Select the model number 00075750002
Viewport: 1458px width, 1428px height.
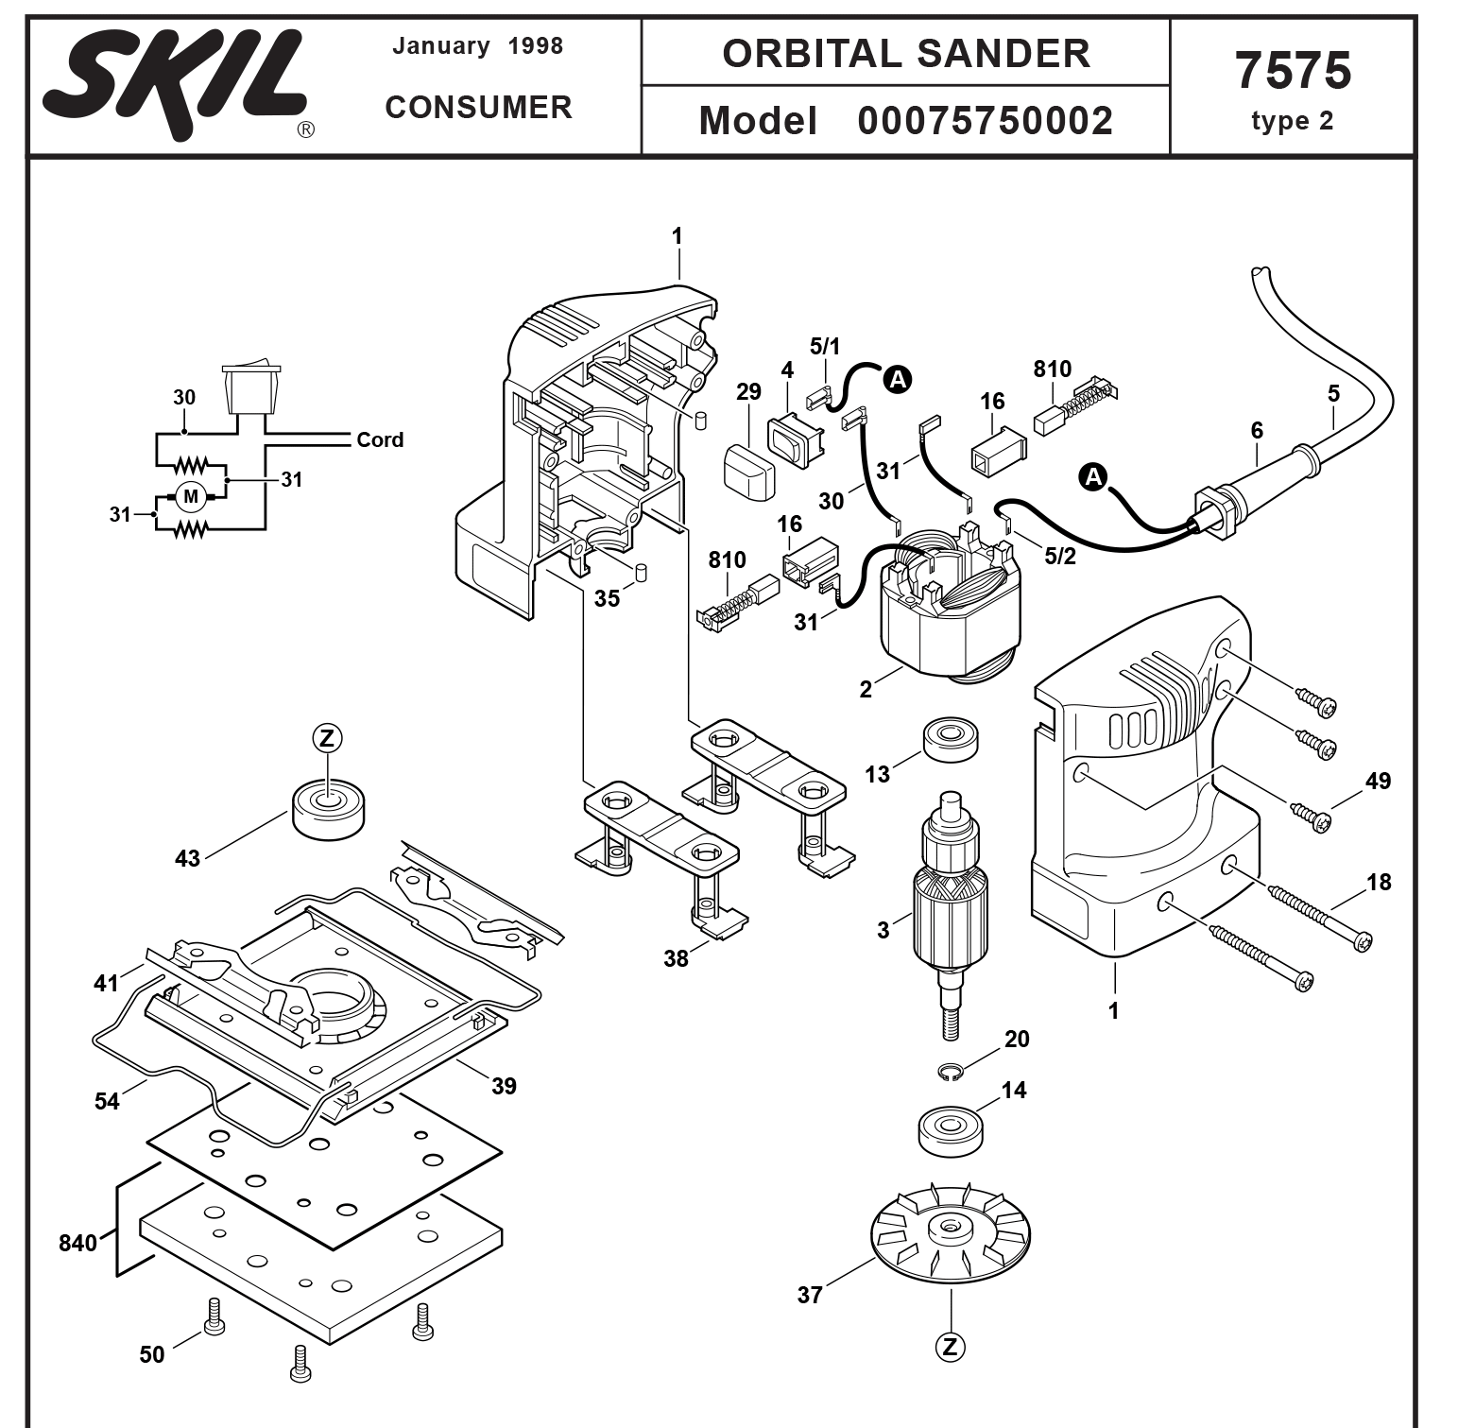(x=985, y=121)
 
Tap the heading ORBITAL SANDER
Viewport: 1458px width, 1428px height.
(x=905, y=54)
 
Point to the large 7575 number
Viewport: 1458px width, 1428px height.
(x=1292, y=71)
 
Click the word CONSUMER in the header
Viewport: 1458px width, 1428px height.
(x=478, y=108)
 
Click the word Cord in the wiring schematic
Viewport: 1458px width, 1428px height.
(x=380, y=439)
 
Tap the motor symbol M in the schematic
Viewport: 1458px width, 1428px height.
(x=191, y=496)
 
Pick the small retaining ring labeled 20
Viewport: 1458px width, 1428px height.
(x=952, y=1071)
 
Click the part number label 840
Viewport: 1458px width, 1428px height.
(x=77, y=1243)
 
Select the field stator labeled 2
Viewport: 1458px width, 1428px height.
(x=950, y=610)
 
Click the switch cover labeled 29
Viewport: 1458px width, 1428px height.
(x=748, y=470)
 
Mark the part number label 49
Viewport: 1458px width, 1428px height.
(x=1378, y=781)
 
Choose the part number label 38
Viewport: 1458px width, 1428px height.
(x=676, y=958)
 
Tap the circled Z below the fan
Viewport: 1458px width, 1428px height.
(x=950, y=1347)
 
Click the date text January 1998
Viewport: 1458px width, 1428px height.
(x=477, y=46)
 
